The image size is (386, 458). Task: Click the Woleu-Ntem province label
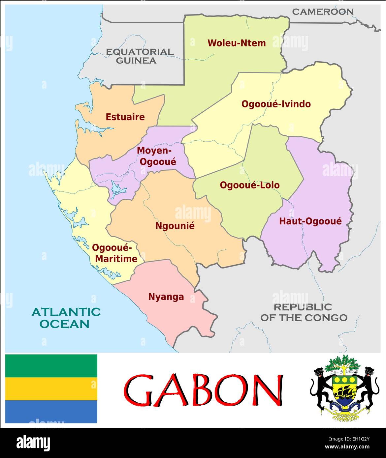pos(236,43)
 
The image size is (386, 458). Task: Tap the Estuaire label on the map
pos(125,117)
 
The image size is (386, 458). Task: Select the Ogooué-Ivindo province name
pos(276,104)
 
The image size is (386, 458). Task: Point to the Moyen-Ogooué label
pos(156,156)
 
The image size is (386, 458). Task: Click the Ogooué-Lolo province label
pos(249,185)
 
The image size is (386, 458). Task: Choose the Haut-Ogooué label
pos(310,221)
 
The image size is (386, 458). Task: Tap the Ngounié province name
pos(175,226)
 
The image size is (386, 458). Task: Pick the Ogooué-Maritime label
pos(114,253)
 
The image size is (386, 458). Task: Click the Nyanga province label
pos(166,297)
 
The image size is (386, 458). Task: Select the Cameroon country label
pos(322,12)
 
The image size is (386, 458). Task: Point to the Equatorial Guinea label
pos(139,56)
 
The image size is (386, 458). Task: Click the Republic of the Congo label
pos(304,312)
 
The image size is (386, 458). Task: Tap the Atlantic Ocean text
pos(66,318)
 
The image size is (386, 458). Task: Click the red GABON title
pos(203,390)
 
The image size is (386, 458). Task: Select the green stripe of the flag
pos(51,366)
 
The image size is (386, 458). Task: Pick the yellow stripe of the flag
pos(51,389)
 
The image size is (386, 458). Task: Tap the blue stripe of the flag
pos(51,412)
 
